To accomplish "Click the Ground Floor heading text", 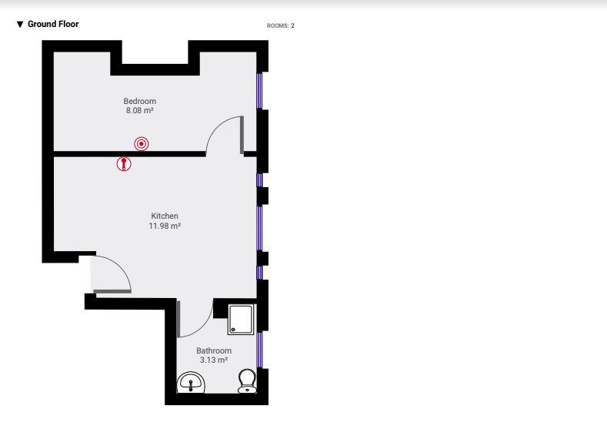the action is [x=53, y=24].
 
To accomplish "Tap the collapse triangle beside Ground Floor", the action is [x=20, y=25].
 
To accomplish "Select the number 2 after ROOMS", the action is [x=292, y=25].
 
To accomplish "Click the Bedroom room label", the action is [x=140, y=101].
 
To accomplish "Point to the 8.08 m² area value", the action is [x=140, y=110].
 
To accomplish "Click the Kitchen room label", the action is [x=165, y=216].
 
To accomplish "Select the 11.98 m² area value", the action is [x=165, y=226].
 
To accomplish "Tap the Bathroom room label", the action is [x=214, y=350].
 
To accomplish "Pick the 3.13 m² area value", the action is [x=214, y=360].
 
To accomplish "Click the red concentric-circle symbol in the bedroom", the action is [x=142, y=144].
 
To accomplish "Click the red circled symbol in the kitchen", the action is [x=124, y=164].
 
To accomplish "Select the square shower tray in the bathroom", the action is [x=241, y=320].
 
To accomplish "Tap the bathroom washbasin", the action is [x=191, y=383].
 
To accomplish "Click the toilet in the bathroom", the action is [x=247, y=380].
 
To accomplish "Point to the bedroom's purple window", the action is [x=259, y=90].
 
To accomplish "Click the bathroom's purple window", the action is [x=259, y=350].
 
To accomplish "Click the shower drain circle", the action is [x=233, y=330].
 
